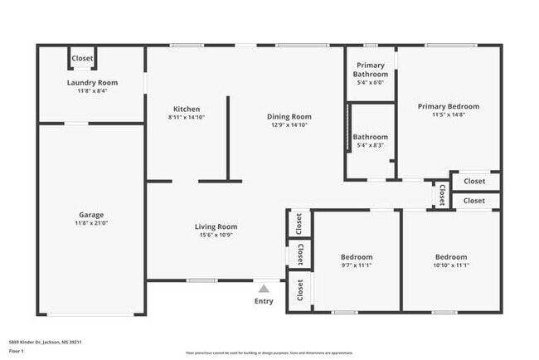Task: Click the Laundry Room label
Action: (92, 82)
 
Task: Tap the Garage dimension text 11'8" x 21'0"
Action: (92, 222)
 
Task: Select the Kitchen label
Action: (186, 109)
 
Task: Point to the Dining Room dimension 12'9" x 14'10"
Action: (289, 124)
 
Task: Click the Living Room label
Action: (216, 226)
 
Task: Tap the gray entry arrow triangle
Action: (264, 288)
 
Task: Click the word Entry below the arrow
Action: (264, 301)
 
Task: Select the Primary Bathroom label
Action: (371, 70)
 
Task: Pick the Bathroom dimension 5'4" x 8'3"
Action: (371, 145)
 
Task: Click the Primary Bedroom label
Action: (448, 106)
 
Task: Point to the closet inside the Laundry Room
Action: (82, 58)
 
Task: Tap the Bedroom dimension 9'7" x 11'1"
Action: (357, 265)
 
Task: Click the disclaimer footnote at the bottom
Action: (269, 353)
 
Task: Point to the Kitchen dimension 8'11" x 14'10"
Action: (186, 117)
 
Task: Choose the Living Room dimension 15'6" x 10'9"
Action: (216, 235)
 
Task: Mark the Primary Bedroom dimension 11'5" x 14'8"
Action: (448, 114)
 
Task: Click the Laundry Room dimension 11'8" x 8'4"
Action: (92, 90)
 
